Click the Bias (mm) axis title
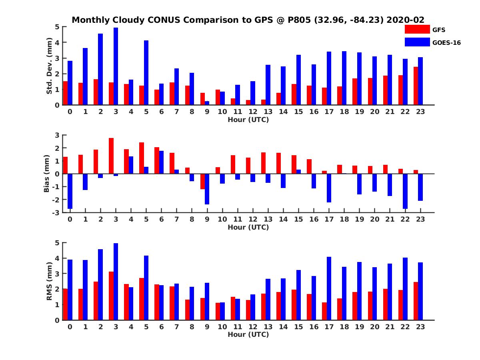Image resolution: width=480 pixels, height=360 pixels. pos(47,174)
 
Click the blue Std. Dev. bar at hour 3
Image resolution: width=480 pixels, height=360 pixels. pos(116,66)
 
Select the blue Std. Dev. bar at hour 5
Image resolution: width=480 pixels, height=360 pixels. pos(146,73)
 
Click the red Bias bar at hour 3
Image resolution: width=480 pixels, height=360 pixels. pos(111,156)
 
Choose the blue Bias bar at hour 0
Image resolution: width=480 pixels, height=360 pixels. pos(70,191)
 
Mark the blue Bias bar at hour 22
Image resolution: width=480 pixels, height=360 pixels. pos(405,191)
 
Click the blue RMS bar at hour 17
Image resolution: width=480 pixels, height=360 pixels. pos(329,288)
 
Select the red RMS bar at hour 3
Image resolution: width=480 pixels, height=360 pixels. pos(111,296)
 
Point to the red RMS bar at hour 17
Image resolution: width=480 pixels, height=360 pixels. pos(324,311)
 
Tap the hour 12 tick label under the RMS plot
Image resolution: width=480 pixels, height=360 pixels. pos(253,326)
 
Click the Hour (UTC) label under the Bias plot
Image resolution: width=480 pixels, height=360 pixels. pos(248,227)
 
